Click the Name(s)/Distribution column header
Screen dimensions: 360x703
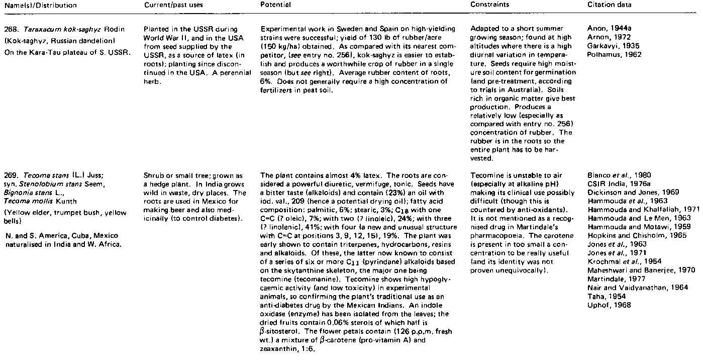coord(39,5)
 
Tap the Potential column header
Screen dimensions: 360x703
coord(276,5)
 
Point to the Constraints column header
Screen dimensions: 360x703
coord(490,5)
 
